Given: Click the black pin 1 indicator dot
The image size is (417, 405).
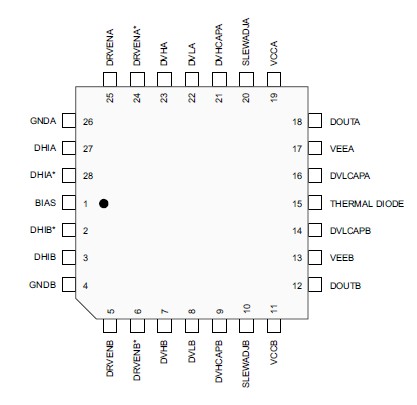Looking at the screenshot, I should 104,203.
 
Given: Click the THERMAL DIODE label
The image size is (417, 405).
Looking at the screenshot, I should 366,203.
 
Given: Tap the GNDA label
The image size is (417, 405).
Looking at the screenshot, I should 43,121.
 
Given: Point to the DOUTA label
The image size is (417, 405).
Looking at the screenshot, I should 345,121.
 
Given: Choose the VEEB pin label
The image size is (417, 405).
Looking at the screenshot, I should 341,258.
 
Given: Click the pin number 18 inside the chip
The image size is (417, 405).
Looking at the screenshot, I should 297,121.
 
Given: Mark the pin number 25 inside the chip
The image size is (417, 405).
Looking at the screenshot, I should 110,97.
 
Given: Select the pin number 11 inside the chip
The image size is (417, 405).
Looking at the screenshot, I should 273,310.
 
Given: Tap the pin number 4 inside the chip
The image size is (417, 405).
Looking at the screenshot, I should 86,286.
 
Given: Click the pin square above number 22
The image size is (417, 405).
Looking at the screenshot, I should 191,78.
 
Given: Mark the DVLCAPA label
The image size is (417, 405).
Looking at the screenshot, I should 351,176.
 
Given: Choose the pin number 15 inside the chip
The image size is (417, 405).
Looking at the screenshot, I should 297,203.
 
